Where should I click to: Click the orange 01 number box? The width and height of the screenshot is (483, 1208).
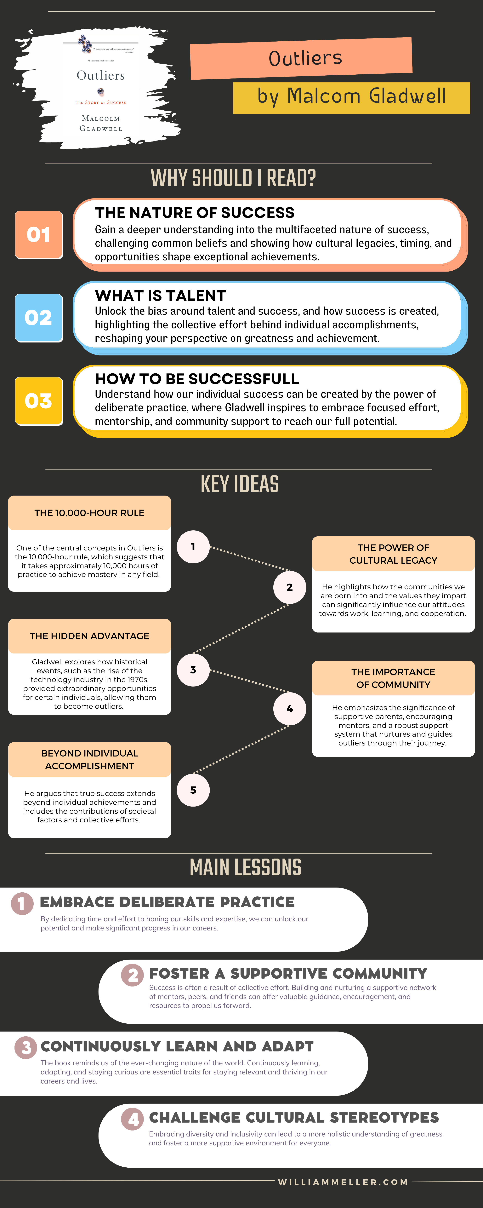39,234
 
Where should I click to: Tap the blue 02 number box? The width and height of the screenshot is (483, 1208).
39,318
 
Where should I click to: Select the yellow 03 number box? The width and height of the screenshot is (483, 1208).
39,401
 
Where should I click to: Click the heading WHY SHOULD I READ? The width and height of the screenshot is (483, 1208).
233,178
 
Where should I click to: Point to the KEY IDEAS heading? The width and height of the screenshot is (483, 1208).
240,484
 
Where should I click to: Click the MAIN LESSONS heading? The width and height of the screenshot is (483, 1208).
245,868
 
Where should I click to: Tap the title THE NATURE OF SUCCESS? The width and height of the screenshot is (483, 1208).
195,213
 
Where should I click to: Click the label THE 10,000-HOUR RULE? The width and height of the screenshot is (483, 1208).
89,513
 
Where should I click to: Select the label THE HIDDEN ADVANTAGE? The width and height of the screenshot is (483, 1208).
89,636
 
